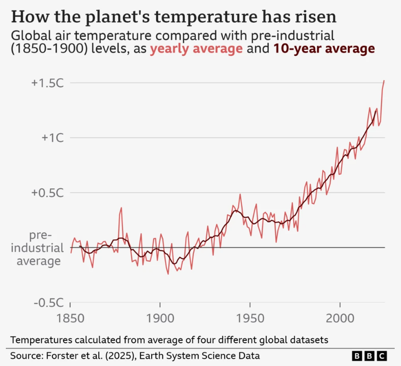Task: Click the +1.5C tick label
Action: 47,83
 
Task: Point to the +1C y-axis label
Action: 52,138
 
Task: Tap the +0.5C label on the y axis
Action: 47,193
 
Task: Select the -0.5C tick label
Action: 49,302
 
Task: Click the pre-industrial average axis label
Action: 40,248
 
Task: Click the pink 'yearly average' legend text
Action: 196,49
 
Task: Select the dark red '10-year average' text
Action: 324,49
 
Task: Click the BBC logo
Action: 370,356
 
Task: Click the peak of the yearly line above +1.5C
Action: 384,81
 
